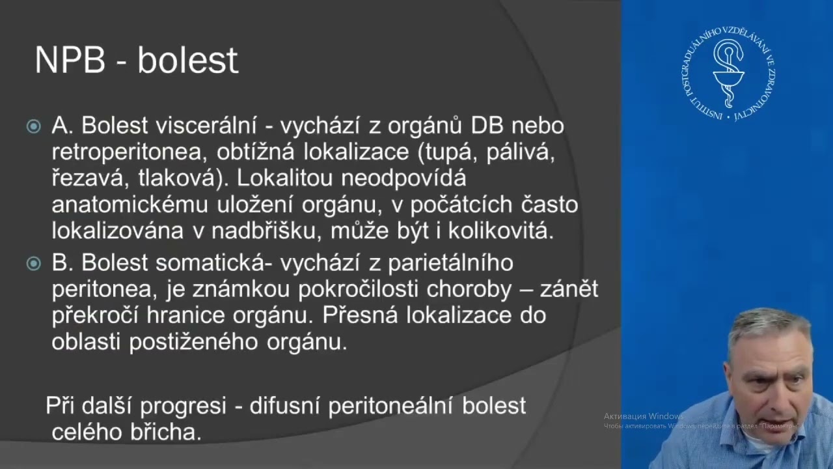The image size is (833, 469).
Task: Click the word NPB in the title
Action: (69, 61)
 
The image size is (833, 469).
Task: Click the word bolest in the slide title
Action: (187, 61)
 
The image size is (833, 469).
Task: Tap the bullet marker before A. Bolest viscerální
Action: (33, 126)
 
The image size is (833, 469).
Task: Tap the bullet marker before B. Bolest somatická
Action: (33, 264)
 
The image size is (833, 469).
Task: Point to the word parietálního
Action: (450, 263)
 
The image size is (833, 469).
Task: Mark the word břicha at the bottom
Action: (169, 433)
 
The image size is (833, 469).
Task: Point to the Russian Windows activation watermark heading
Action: (643, 416)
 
